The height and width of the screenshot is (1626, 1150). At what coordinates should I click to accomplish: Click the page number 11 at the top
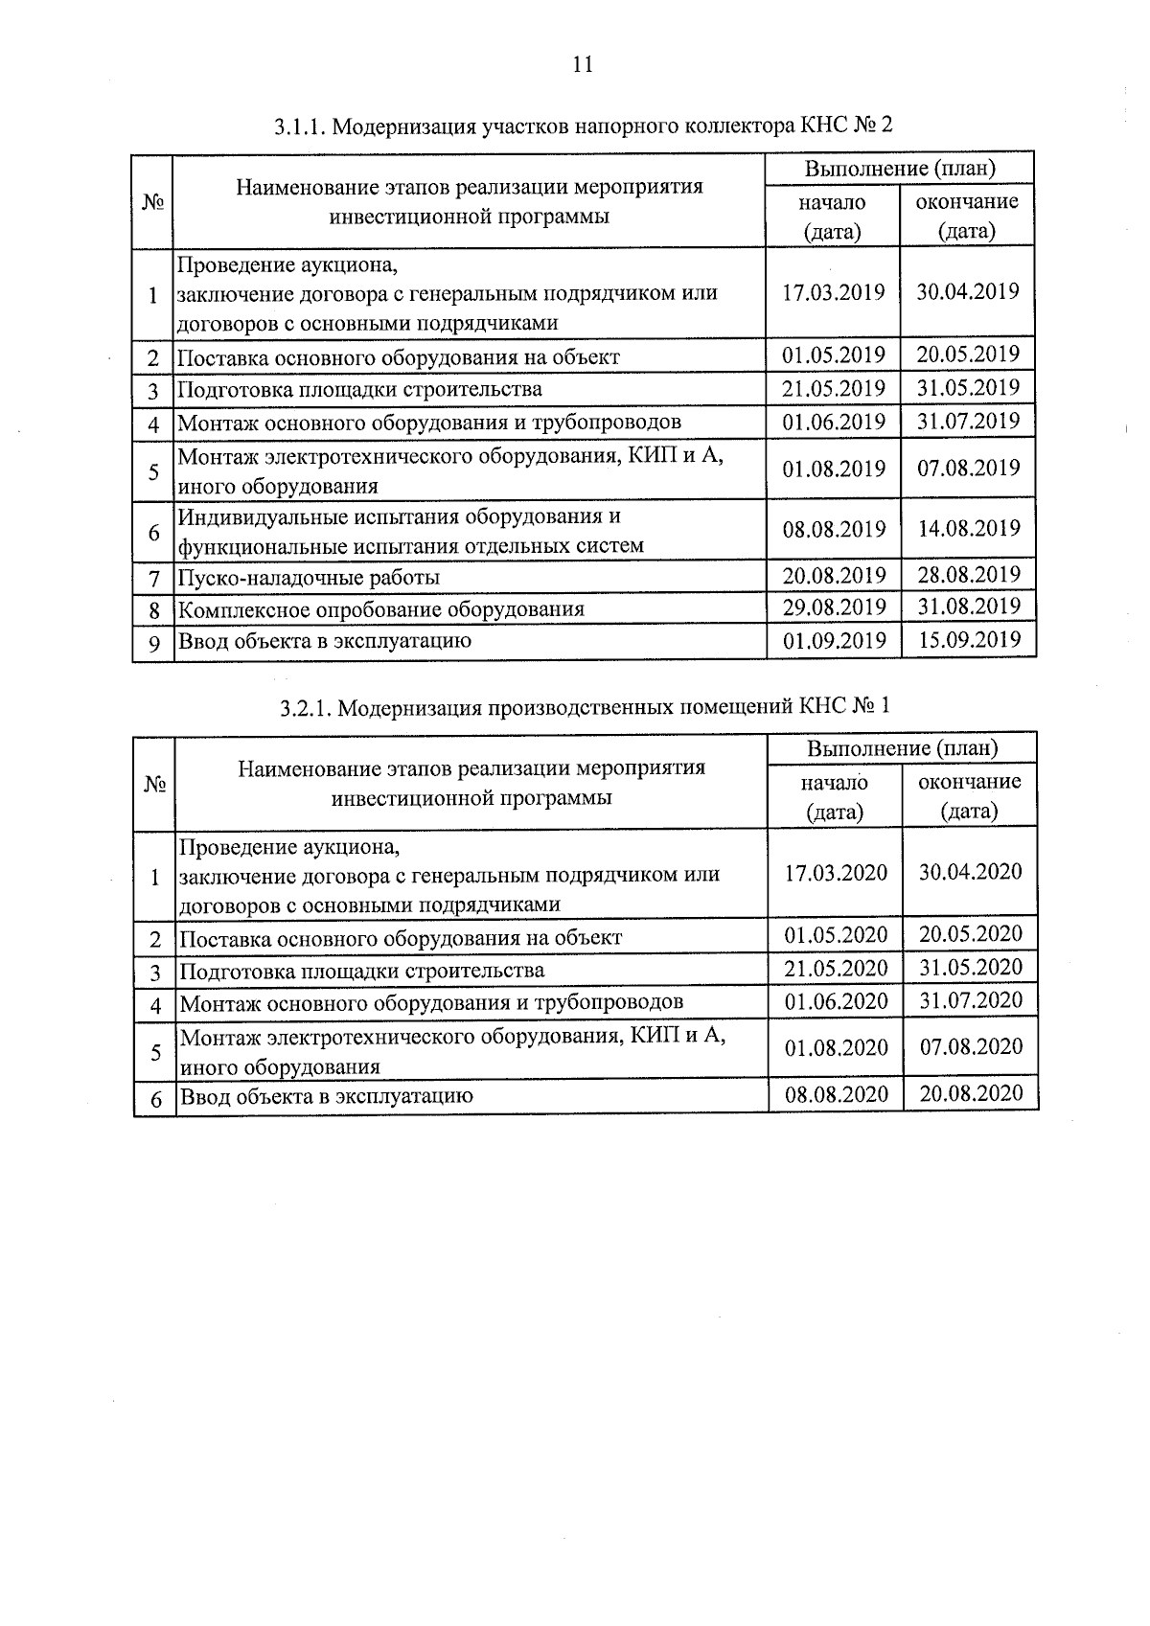point(582,65)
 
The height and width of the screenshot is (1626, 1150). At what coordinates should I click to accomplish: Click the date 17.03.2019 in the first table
point(833,292)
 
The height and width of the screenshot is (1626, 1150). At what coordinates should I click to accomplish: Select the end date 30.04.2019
point(967,291)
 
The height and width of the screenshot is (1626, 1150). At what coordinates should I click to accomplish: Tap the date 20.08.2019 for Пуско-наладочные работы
point(834,575)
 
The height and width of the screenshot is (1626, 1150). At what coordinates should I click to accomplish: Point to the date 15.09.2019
point(969,639)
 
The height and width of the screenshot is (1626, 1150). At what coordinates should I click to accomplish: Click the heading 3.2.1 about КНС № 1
point(585,707)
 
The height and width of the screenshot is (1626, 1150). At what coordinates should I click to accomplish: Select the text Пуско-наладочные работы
point(310,578)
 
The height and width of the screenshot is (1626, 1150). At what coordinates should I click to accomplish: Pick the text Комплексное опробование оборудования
point(381,609)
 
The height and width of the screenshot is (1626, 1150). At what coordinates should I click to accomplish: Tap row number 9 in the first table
point(153,643)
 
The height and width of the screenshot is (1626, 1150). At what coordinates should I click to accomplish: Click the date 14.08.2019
point(969,528)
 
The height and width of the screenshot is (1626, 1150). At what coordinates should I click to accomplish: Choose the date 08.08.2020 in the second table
point(836,1094)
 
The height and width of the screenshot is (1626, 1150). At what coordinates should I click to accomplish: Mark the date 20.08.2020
point(971,1093)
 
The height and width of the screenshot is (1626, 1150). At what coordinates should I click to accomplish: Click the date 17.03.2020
point(836,873)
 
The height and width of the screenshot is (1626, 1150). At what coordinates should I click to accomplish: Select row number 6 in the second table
point(155,1098)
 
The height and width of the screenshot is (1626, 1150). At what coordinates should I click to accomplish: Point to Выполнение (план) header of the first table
point(900,169)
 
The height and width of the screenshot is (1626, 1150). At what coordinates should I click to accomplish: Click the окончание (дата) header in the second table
point(970,796)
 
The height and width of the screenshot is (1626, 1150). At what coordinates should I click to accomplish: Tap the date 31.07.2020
point(971,1000)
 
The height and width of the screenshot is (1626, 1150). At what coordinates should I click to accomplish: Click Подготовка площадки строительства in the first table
point(360,389)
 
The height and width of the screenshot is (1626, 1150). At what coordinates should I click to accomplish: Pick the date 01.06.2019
point(834,422)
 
